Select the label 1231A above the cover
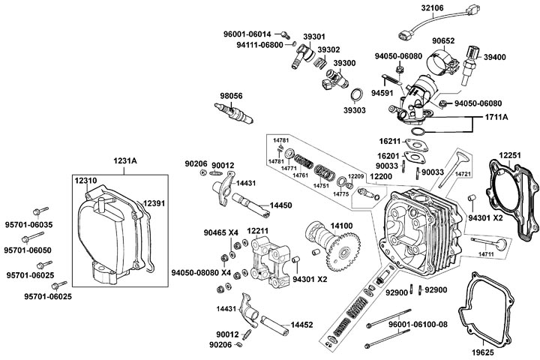tap(125, 160)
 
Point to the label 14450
tap(281, 205)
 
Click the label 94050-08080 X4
tap(200, 273)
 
